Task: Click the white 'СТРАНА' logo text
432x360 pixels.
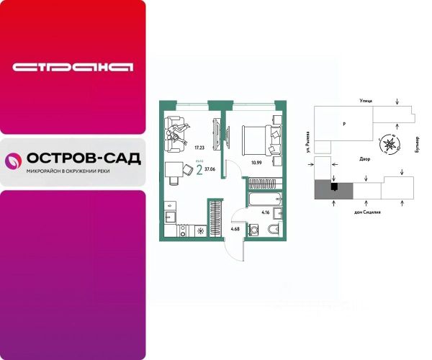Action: (73, 68)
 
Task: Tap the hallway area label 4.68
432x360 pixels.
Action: (235, 229)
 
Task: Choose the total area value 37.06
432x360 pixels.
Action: (210, 170)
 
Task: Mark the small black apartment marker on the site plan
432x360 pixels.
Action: (333, 188)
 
